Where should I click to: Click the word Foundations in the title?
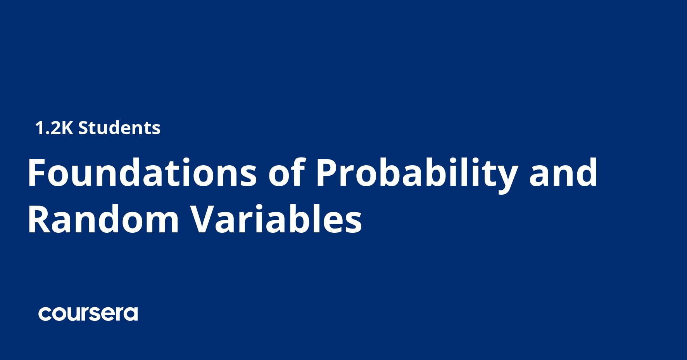pyautogui.click(x=142, y=173)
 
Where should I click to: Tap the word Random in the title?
pyautogui.click(x=103, y=220)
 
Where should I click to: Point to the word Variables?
pyautogui.click(x=276, y=220)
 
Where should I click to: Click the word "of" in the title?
pyautogui.click(x=287, y=173)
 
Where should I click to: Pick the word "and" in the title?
pyautogui.click(x=563, y=173)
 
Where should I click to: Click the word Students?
pyautogui.click(x=119, y=128)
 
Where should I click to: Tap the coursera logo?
pyautogui.click(x=88, y=313)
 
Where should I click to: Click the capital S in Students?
pyautogui.click(x=83, y=128)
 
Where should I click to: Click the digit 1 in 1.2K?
pyautogui.click(x=39, y=128)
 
